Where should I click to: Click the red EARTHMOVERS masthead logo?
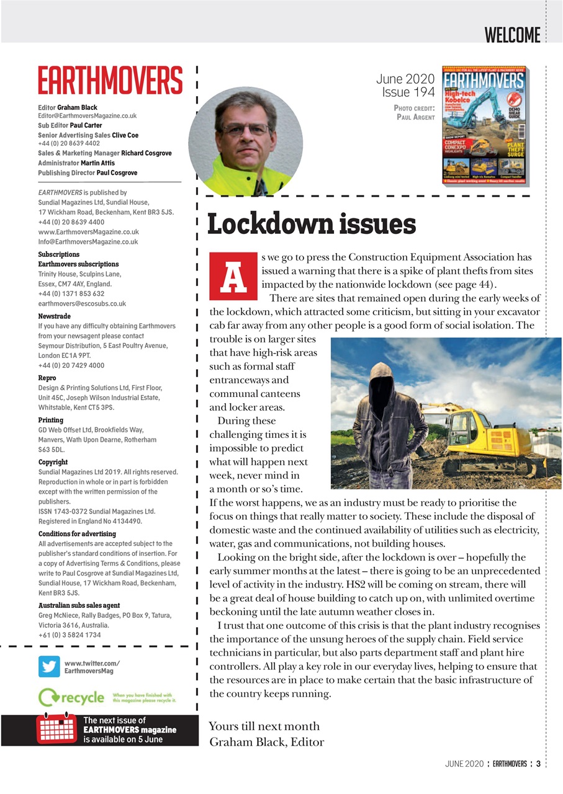click(110, 81)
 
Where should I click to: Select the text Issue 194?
click(408, 92)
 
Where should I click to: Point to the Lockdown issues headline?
click(311, 225)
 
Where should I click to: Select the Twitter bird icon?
click(49, 666)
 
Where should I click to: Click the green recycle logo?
click(71, 697)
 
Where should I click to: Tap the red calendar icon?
click(56, 729)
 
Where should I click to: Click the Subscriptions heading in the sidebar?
click(58, 254)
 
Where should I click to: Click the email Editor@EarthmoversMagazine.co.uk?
click(87, 116)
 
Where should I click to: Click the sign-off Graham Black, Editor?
click(267, 742)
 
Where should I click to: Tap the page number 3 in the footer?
click(538, 764)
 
